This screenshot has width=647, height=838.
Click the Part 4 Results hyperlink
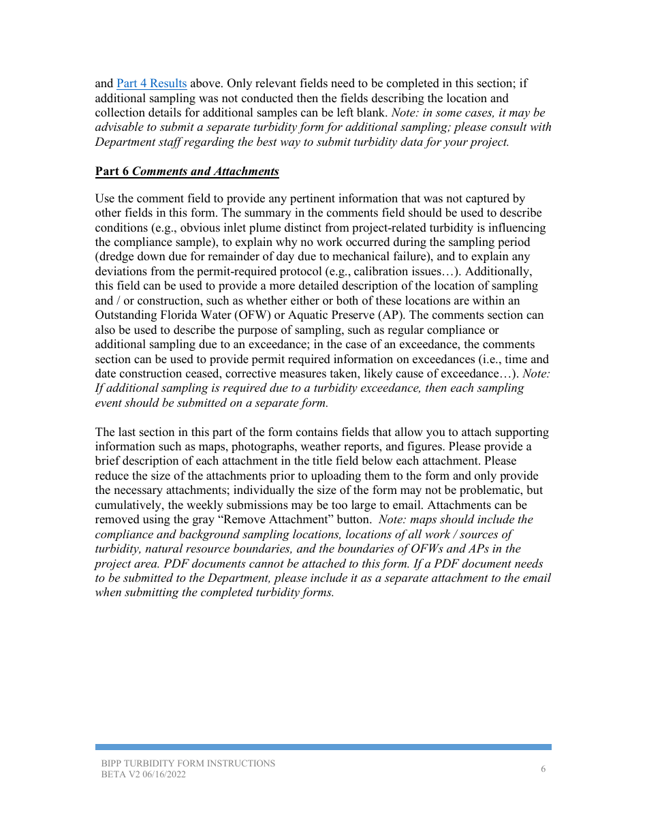tap(151, 84)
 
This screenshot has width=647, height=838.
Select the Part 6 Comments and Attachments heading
tap(187, 172)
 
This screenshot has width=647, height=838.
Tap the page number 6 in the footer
tap(543, 769)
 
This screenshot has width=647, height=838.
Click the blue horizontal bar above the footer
tap(323, 747)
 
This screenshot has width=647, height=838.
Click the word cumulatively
tap(127, 506)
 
